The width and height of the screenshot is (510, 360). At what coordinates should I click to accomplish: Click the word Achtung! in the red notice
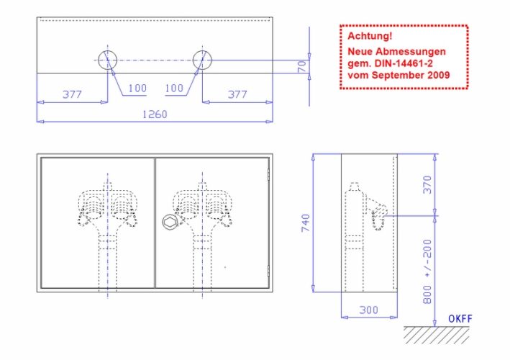click(370, 36)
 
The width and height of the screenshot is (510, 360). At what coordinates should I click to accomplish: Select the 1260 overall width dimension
click(155, 114)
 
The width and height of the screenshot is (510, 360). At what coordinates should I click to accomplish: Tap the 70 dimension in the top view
click(302, 66)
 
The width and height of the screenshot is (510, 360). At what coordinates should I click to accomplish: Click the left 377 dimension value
click(72, 94)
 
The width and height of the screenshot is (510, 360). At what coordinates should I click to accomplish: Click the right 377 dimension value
click(237, 94)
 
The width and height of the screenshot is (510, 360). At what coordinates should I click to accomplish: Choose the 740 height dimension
click(306, 223)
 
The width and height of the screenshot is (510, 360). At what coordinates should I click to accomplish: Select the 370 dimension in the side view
click(427, 184)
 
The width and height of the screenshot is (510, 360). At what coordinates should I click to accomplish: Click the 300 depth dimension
click(369, 310)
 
